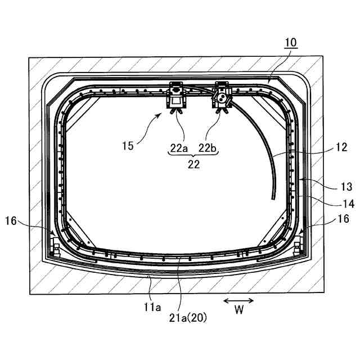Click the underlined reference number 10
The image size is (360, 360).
(x=291, y=43)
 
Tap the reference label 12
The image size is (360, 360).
(x=341, y=147)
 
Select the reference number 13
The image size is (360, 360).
(x=346, y=187)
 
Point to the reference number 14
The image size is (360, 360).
(x=348, y=204)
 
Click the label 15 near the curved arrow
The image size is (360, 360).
(x=128, y=146)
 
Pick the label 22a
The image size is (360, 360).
(x=179, y=148)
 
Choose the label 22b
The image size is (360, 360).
(x=208, y=148)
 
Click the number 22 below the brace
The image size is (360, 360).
(x=193, y=164)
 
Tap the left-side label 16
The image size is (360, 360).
(x=11, y=221)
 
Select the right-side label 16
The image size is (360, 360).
(x=344, y=219)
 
